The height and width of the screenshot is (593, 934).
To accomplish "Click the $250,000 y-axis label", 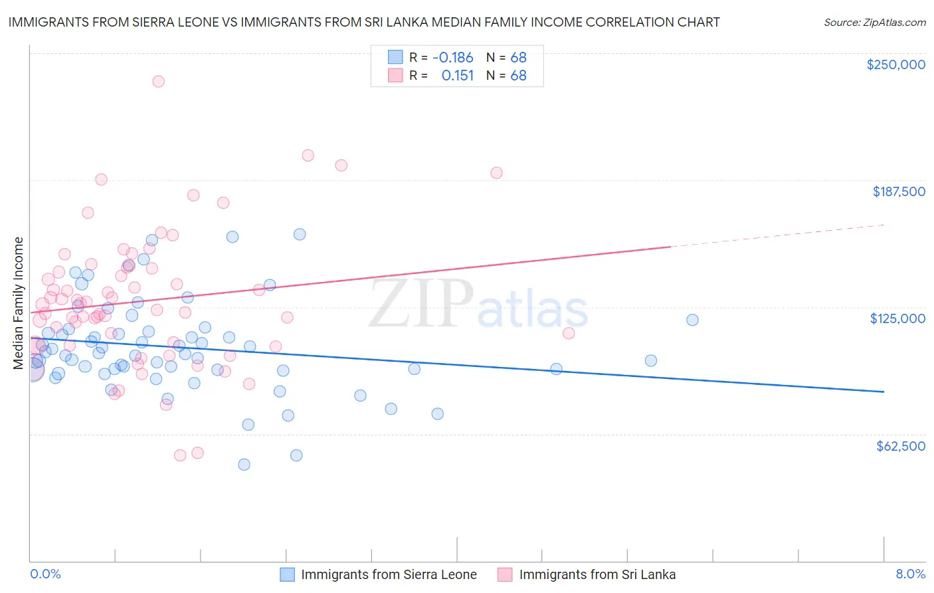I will (895, 64).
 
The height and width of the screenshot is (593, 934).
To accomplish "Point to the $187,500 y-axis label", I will (898, 191).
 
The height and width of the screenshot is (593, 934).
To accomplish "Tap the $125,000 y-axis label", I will (897, 318).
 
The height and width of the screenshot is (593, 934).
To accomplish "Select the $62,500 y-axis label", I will (900, 446).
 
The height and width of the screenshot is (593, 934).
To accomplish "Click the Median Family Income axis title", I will (19, 302).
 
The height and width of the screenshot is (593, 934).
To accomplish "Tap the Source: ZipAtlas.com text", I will (874, 22).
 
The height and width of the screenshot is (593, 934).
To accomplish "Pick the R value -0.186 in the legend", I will (452, 57).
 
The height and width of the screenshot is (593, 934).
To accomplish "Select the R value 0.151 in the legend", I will (458, 75).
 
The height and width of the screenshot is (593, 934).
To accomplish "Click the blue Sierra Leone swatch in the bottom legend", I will (287, 574).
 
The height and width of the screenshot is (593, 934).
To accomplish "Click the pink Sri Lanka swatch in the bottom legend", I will (505, 574).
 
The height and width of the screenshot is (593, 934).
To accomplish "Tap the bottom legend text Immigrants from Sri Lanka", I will (597, 574).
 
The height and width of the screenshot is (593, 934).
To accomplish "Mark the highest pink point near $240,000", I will (158, 81).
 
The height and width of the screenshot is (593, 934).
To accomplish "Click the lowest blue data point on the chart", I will (244, 465).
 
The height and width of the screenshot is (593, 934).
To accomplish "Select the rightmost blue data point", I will (692, 320).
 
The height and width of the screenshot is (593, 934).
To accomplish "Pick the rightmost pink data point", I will (569, 333).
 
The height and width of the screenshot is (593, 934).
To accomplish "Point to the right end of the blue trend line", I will (884, 392).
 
